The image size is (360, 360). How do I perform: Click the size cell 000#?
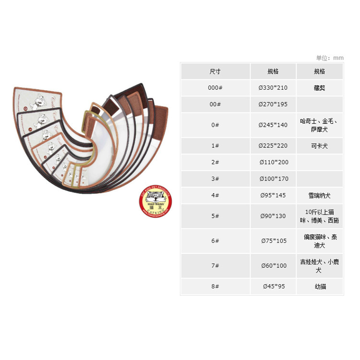click(x=215, y=88)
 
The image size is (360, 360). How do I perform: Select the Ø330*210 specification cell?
click(x=273, y=88)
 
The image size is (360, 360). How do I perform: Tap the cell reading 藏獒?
click(x=319, y=88)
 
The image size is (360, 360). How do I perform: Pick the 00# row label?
click(x=215, y=104)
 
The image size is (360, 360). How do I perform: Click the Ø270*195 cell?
click(x=273, y=104)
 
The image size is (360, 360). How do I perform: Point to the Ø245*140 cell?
click(x=273, y=125)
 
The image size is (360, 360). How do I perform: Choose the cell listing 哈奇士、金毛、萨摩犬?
click(x=319, y=125)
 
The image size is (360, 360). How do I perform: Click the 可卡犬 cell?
click(x=319, y=146)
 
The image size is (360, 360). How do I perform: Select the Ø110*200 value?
click(x=273, y=162)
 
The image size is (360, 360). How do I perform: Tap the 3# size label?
click(x=215, y=179)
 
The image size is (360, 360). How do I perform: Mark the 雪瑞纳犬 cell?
click(x=319, y=195)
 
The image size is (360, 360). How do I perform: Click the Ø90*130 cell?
click(x=273, y=216)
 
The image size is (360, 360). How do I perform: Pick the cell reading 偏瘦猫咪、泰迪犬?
click(x=319, y=241)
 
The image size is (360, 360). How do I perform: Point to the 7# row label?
click(x=215, y=266)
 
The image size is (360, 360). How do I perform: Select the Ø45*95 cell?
click(x=273, y=287)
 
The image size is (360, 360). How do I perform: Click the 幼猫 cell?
click(x=319, y=287)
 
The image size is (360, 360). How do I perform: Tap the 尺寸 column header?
click(x=215, y=72)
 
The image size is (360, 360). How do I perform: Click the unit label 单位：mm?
click(x=330, y=58)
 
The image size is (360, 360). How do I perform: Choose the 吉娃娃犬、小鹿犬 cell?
click(x=319, y=266)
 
